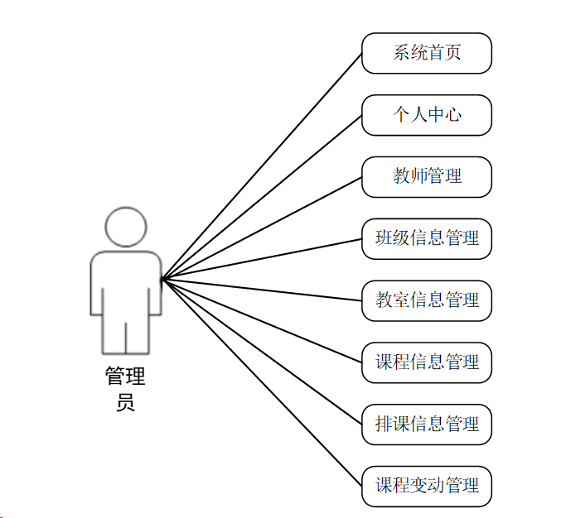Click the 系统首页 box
click(x=427, y=53)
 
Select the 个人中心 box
click(x=427, y=115)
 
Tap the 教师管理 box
click(x=427, y=176)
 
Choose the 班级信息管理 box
click(x=427, y=238)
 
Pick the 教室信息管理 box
click(x=427, y=300)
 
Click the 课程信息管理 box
click(x=427, y=362)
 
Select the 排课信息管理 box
click(x=427, y=424)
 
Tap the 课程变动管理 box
click(x=427, y=486)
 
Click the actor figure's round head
click(x=126, y=226)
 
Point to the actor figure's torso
click(x=126, y=281)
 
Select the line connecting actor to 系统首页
click(x=262, y=166)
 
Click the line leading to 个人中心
click(x=262, y=198)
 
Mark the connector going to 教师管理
click(x=262, y=228)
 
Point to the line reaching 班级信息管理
click(x=262, y=259)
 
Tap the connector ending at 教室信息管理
click(x=262, y=290)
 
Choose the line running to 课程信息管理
click(x=262, y=321)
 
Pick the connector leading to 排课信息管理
click(x=262, y=352)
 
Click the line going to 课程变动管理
click(x=262, y=382)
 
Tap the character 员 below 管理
click(x=125, y=403)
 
